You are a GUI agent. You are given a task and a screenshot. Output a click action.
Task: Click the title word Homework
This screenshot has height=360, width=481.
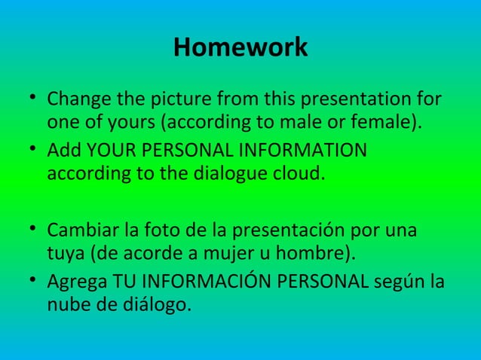pyautogui.click(x=240, y=47)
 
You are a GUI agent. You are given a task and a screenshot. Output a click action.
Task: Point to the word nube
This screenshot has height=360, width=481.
pyautogui.click(x=66, y=305)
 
